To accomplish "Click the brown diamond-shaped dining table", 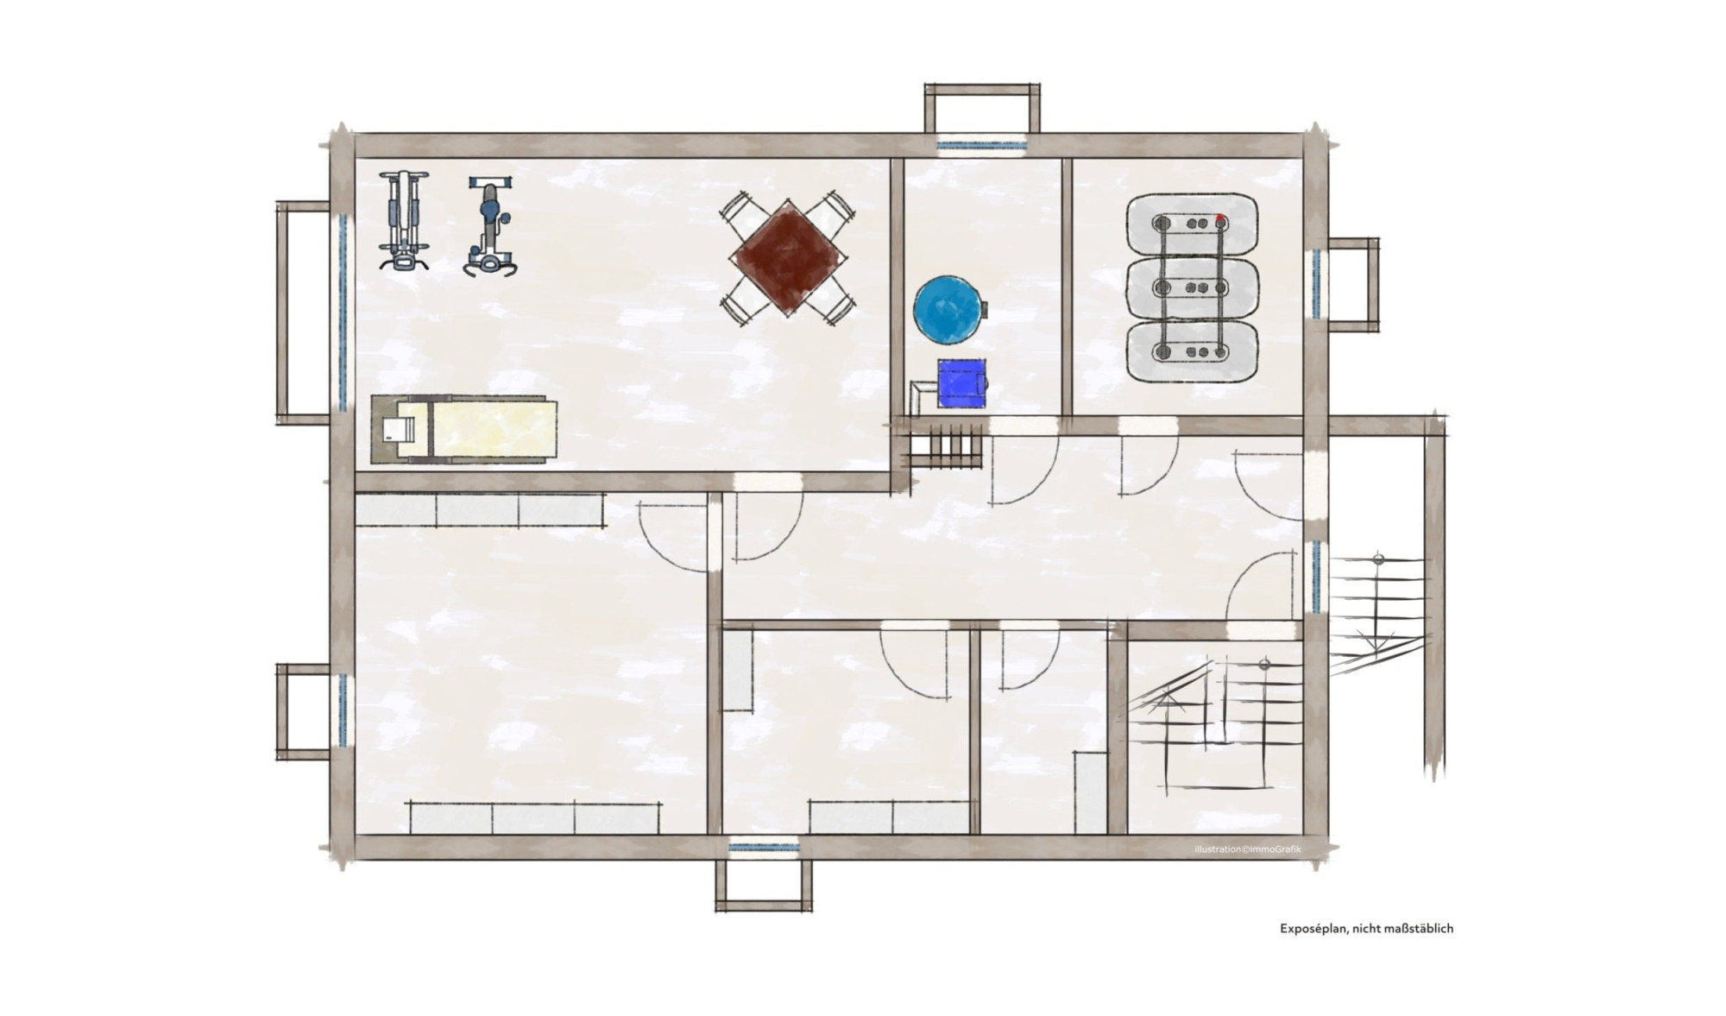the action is tap(787, 257).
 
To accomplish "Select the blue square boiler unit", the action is tap(962, 383).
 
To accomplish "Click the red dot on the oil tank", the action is tap(1220, 218).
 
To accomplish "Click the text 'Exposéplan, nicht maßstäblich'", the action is tap(1366, 929).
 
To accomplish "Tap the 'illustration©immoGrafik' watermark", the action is tap(1247, 849).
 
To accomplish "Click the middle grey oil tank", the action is tap(1192, 287).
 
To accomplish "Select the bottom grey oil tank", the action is tap(1192, 351).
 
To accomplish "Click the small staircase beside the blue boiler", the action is tap(946, 449).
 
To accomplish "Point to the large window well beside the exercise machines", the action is tap(304, 312).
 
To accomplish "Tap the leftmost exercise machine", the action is tap(403, 221).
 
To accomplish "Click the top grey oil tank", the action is tap(1192, 224).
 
